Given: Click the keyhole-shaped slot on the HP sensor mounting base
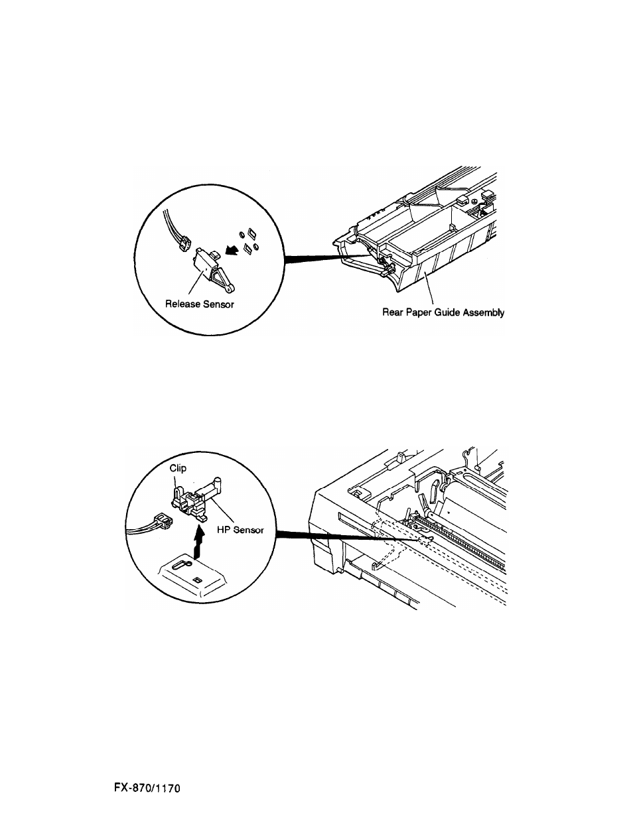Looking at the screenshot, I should pyautogui.click(x=183, y=564).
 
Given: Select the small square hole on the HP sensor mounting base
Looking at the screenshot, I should pyautogui.click(x=196, y=579).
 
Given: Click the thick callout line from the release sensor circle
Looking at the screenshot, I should pyautogui.click(x=325, y=259).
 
